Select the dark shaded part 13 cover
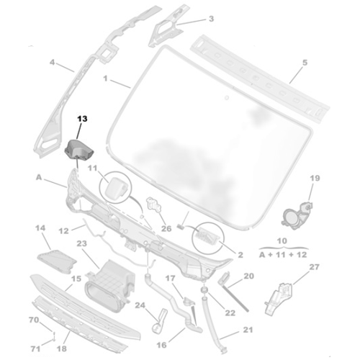(x=77, y=150)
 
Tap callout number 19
(x=314, y=178)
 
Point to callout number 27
(x=314, y=267)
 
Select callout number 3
(x=191, y=19)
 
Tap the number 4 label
(x=52, y=63)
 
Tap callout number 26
(x=166, y=230)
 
